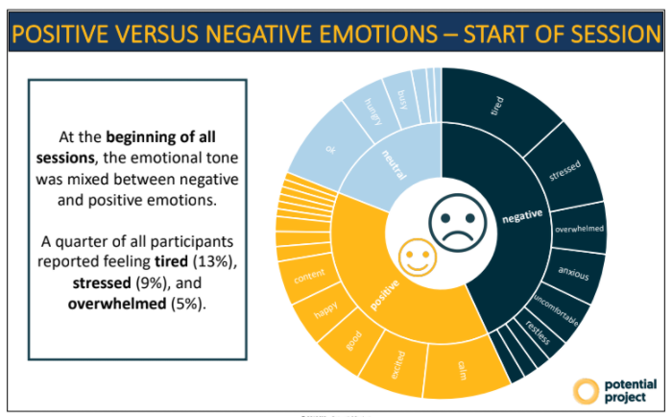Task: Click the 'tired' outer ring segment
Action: coord(499,106)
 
